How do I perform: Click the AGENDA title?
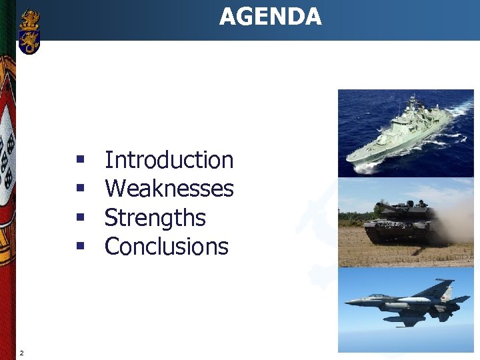pyautogui.click(x=270, y=17)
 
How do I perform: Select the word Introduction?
pyautogui.click(x=169, y=160)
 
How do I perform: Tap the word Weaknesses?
pyautogui.click(x=169, y=189)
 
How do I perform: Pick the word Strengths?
pyautogui.click(x=155, y=218)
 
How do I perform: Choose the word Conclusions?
pyautogui.click(x=166, y=247)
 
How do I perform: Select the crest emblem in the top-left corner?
pyautogui.click(x=29, y=31)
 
